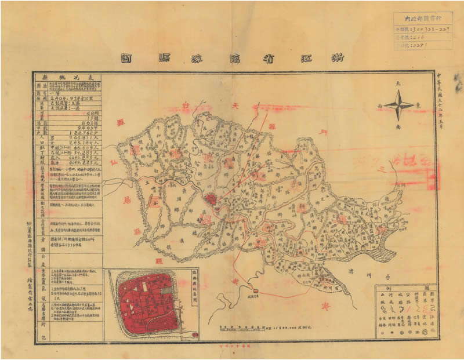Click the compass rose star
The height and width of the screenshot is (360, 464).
click(x=398, y=106)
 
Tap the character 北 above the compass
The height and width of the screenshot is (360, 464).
click(x=398, y=85)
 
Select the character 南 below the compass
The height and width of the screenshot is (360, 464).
click(x=398, y=126)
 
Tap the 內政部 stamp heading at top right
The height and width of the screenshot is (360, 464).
click(x=428, y=17)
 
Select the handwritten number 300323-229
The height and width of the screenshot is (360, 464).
click(x=433, y=27)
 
